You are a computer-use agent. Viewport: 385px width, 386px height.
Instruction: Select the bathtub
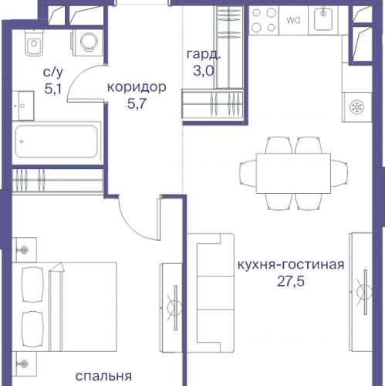pyautogui.click(x=57, y=144)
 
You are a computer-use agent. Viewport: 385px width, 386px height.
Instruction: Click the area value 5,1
pyautogui.click(x=52, y=89)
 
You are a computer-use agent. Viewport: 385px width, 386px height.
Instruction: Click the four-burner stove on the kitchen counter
pyautogui.click(x=265, y=22)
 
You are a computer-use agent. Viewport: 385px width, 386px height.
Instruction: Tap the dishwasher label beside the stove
pyautogui.click(x=293, y=21)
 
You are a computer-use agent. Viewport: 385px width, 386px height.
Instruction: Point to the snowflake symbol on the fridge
pyautogui.click(x=357, y=106)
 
